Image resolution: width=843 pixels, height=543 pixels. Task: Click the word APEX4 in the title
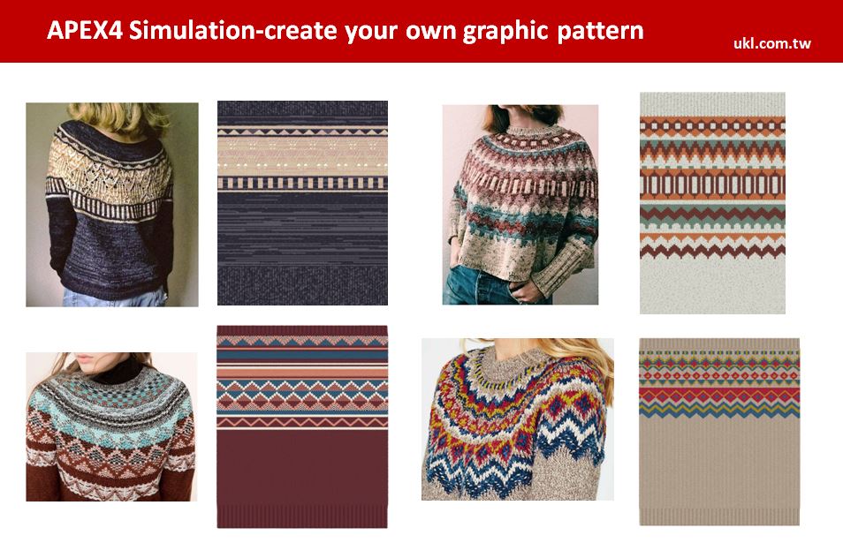tap(85, 30)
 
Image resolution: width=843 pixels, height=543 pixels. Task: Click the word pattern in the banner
tap(601, 32)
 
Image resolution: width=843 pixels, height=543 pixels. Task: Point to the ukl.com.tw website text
tap(772, 43)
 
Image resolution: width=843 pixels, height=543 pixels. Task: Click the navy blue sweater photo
tap(112, 205)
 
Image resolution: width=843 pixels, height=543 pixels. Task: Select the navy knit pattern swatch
tap(302, 203)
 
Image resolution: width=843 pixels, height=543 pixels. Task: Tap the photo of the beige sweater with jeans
tap(520, 205)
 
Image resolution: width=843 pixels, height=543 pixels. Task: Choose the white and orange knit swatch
tap(712, 203)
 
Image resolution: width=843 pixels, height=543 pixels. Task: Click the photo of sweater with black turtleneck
tap(111, 427)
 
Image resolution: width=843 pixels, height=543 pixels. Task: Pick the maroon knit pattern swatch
tap(301, 426)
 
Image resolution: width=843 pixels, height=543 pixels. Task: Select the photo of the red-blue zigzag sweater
tap(517, 419)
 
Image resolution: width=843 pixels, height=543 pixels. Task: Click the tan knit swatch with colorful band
tap(719, 432)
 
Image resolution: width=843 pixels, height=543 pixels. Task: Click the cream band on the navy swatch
tap(302, 156)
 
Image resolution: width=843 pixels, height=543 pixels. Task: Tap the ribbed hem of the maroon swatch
tap(301, 517)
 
